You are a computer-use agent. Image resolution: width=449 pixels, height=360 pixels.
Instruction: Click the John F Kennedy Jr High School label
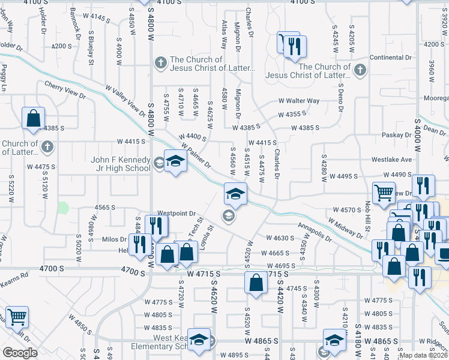(x=120, y=164)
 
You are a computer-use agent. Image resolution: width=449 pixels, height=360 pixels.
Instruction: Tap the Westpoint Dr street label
(x=176, y=213)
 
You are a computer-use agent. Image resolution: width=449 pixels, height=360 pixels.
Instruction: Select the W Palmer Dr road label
(x=196, y=154)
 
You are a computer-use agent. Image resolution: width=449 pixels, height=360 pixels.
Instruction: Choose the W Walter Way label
(x=298, y=101)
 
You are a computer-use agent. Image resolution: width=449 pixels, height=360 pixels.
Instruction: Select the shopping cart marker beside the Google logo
(x=17, y=316)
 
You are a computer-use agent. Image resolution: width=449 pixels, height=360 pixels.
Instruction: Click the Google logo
(x=20, y=353)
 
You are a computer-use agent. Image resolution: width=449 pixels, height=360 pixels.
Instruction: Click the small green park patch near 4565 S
(x=63, y=208)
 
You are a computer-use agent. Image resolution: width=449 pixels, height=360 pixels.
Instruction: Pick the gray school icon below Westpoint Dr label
(x=228, y=216)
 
